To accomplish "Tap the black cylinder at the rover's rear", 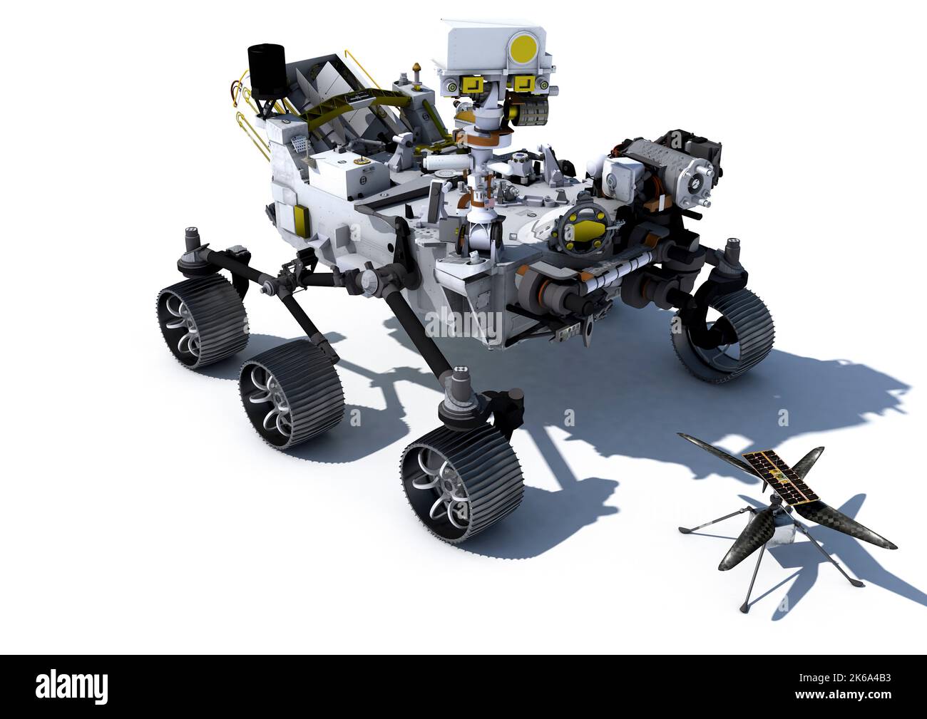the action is click(x=267, y=71).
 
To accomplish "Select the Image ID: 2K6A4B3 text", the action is click(x=845, y=678).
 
